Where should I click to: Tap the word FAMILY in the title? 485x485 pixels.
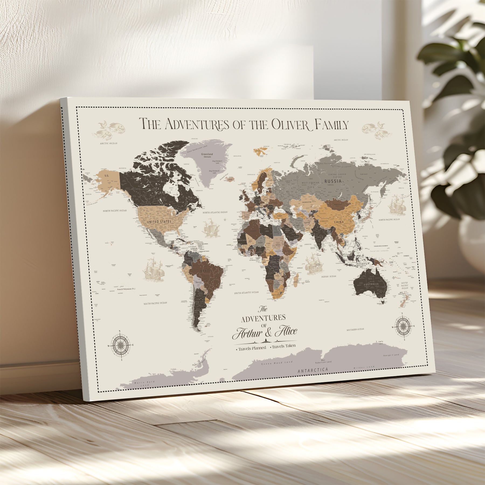point(331,125)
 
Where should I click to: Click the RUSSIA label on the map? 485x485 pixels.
point(333,181)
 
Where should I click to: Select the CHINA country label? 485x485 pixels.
point(339,222)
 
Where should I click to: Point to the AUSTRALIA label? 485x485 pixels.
point(371,284)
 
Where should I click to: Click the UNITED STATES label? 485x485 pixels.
point(159,222)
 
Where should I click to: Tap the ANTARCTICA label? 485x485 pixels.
point(313,370)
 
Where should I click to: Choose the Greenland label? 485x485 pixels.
point(207,154)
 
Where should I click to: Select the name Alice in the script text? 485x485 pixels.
point(286,331)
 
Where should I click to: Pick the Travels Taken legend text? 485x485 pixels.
point(283,346)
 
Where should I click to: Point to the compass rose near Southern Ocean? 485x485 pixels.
point(403,326)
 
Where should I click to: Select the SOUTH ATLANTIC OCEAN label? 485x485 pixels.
point(246,292)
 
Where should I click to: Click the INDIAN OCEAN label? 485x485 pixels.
point(328,276)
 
